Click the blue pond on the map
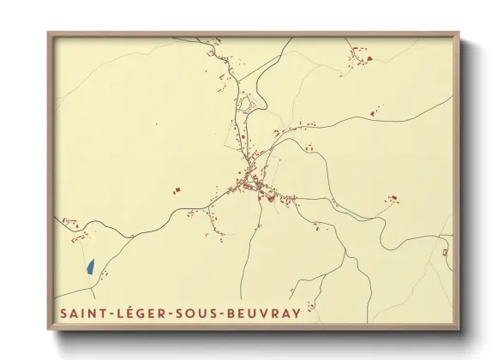(90, 267)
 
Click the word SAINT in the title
(83, 313)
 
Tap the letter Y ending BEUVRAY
(297, 313)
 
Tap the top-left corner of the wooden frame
(49, 33)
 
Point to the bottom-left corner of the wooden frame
(49, 329)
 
